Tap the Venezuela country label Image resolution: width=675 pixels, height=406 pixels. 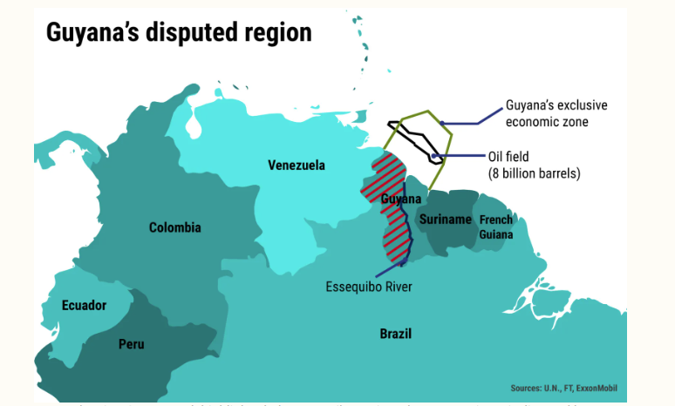297,166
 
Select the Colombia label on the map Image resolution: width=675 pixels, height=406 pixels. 174,227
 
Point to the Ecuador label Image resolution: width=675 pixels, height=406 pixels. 84,305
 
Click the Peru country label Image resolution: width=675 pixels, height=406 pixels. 132,344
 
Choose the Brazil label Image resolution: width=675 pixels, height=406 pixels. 395,334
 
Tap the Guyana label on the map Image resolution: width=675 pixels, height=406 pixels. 401,200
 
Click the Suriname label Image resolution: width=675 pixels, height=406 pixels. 445,220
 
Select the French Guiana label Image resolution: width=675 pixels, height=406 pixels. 495,227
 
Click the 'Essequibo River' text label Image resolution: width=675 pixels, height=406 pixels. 369,287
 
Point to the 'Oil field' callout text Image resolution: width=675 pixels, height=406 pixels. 508,157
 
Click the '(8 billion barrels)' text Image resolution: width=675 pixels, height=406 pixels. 534,173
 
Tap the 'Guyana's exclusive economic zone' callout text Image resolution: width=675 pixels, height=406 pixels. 556,113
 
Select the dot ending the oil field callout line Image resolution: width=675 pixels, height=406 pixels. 434,157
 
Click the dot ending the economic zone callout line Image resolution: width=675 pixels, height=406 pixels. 443,123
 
